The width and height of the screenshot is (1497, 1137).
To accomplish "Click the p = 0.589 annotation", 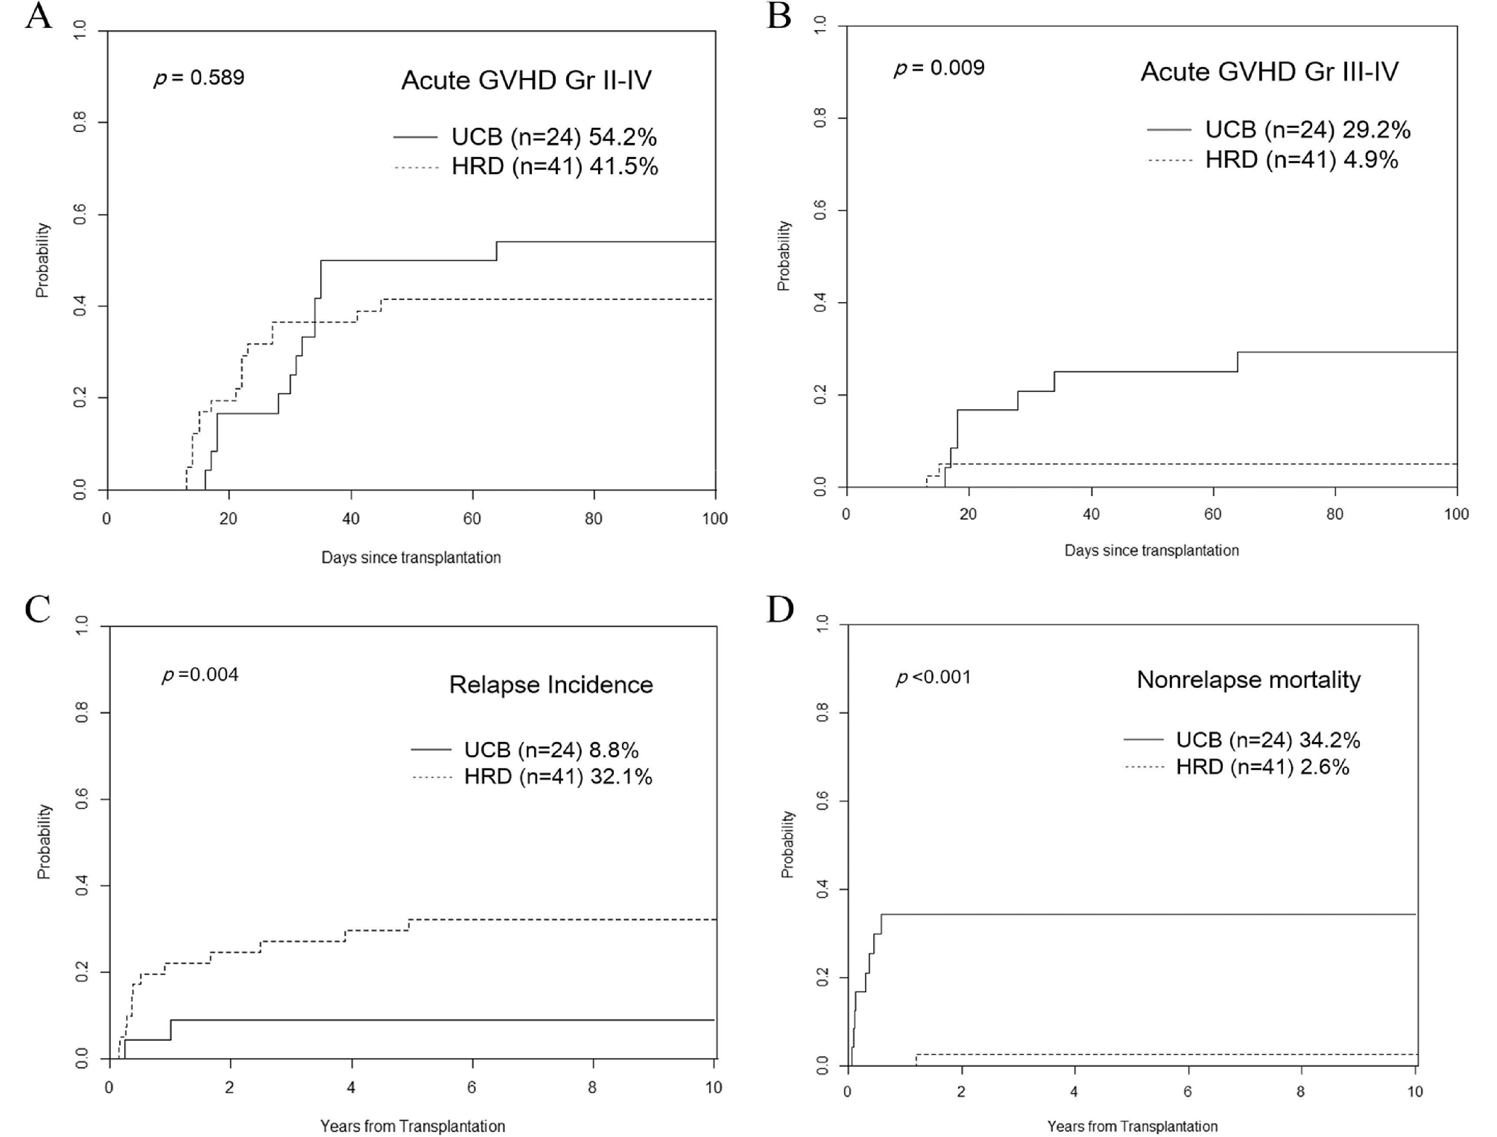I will pyautogui.click(x=199, y=78).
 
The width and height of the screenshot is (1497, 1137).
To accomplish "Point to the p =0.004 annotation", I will pyautogui.click(x=200, y=675).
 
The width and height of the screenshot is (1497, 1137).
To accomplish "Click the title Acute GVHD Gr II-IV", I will pyautogui.click(x=526, y=81).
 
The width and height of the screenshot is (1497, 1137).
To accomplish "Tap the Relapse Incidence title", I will pyautogui.click(x=551, y=685).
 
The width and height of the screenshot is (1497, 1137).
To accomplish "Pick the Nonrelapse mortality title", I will pyautogui.click(x=1248, y=679).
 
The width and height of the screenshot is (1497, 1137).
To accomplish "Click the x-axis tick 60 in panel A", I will pyautogui.click(x=472, y=519).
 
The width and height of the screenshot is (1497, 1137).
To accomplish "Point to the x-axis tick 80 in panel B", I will pyautogui.click(x=1334, y=514).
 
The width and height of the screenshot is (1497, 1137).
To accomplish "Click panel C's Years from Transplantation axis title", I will pyautogui.click(x=412, y=1126).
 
